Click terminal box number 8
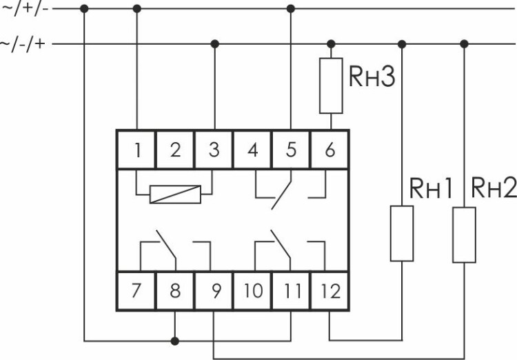tap(175, 290)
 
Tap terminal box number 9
tap(214, 290)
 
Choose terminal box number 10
tap(252, 290)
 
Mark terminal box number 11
tap(291, 290)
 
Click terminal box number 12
tap(330, 290)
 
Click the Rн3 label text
tap(372, 77)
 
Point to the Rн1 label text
tap(431, 188)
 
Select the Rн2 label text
tap(493, 188)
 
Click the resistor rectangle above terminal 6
tap(331, 86)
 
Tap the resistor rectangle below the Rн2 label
tap(464, 234)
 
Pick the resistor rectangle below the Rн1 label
tap(402, 233)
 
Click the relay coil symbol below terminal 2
tap(175, 194)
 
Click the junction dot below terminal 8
tap(175, 340)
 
